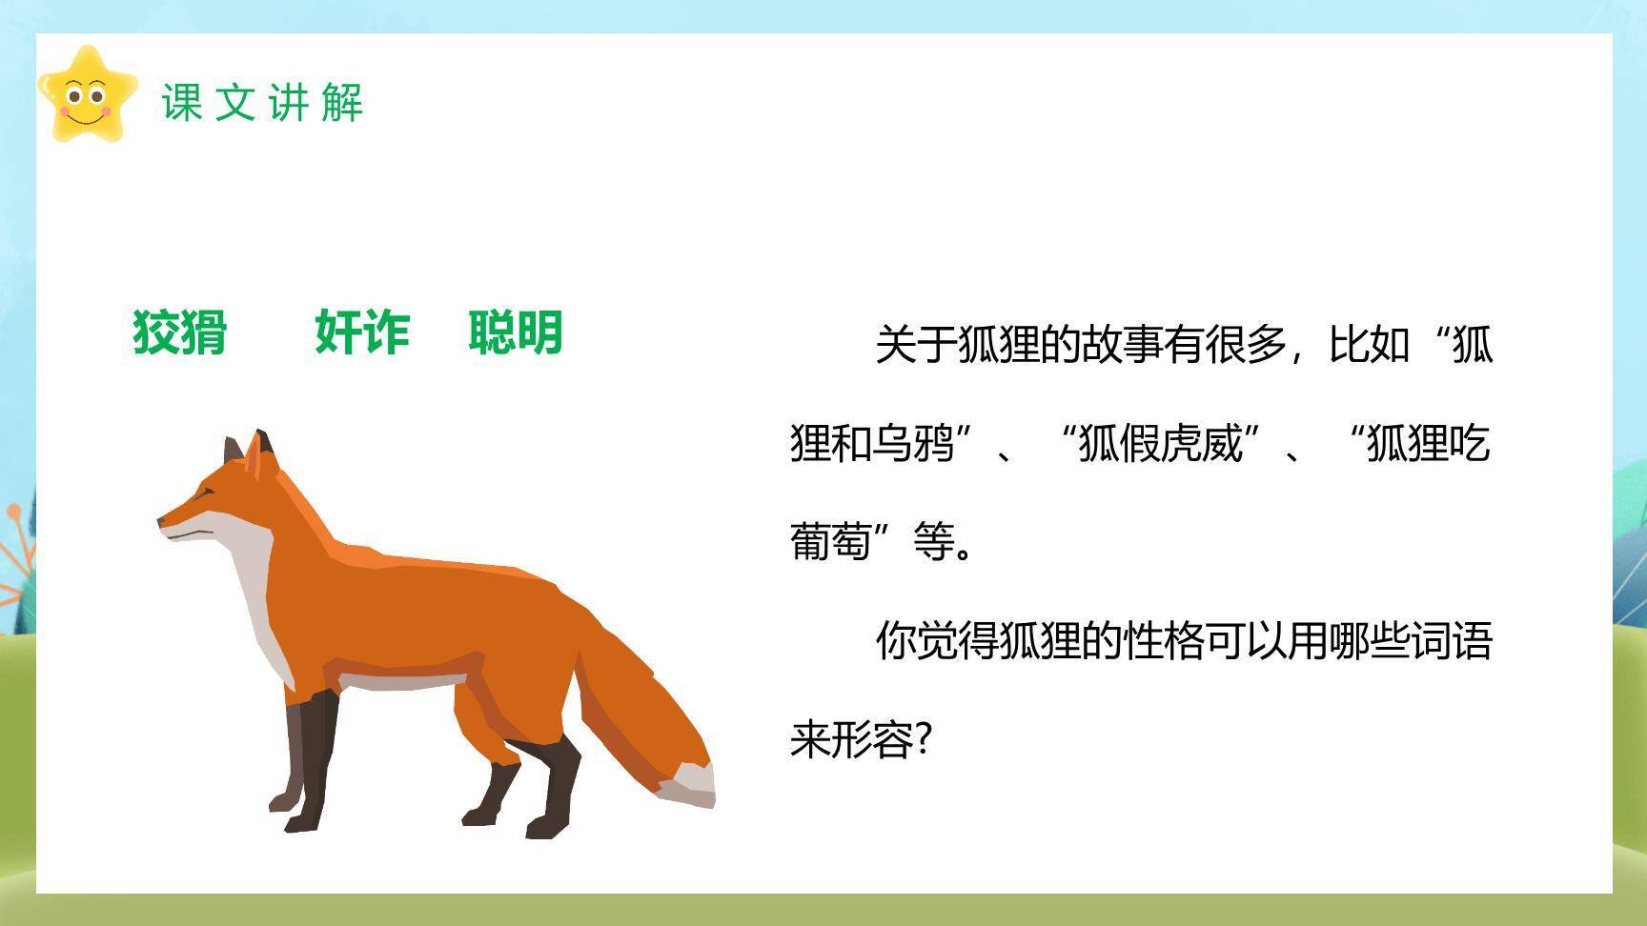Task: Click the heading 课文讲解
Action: click(x=262, y=102)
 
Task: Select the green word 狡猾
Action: click(x=180, y=332)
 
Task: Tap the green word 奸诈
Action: click(x=362, y=332)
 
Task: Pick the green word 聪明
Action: click(x=516, y=332)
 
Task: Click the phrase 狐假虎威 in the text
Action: click(x=1160, y=444)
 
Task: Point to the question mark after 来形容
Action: click(x=922, y=739)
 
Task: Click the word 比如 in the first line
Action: click(x=1370, y=345)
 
